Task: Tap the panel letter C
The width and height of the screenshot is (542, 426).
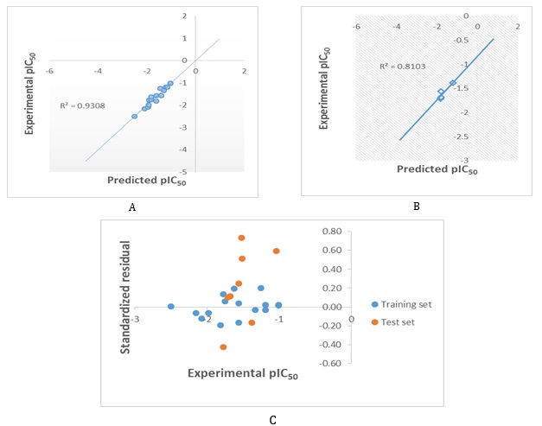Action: (x=273, y=420)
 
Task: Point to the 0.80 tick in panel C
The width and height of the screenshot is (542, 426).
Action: (x=331, y=232)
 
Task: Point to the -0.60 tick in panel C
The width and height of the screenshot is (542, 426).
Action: (x=329, y=363)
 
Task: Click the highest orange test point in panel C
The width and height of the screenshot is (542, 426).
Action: (x=242, y=238)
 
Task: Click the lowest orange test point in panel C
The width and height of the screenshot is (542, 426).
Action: (x=223, y=347)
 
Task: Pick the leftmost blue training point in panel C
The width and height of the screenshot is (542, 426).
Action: (x=170, y=307)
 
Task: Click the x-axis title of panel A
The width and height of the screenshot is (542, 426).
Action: (x=146, y=181)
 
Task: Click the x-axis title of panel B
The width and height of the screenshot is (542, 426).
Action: (x=436, y=168)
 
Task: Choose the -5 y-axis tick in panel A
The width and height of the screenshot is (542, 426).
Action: (x=184, y=172)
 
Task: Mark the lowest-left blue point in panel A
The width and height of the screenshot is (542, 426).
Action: (x=134, y=116)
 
